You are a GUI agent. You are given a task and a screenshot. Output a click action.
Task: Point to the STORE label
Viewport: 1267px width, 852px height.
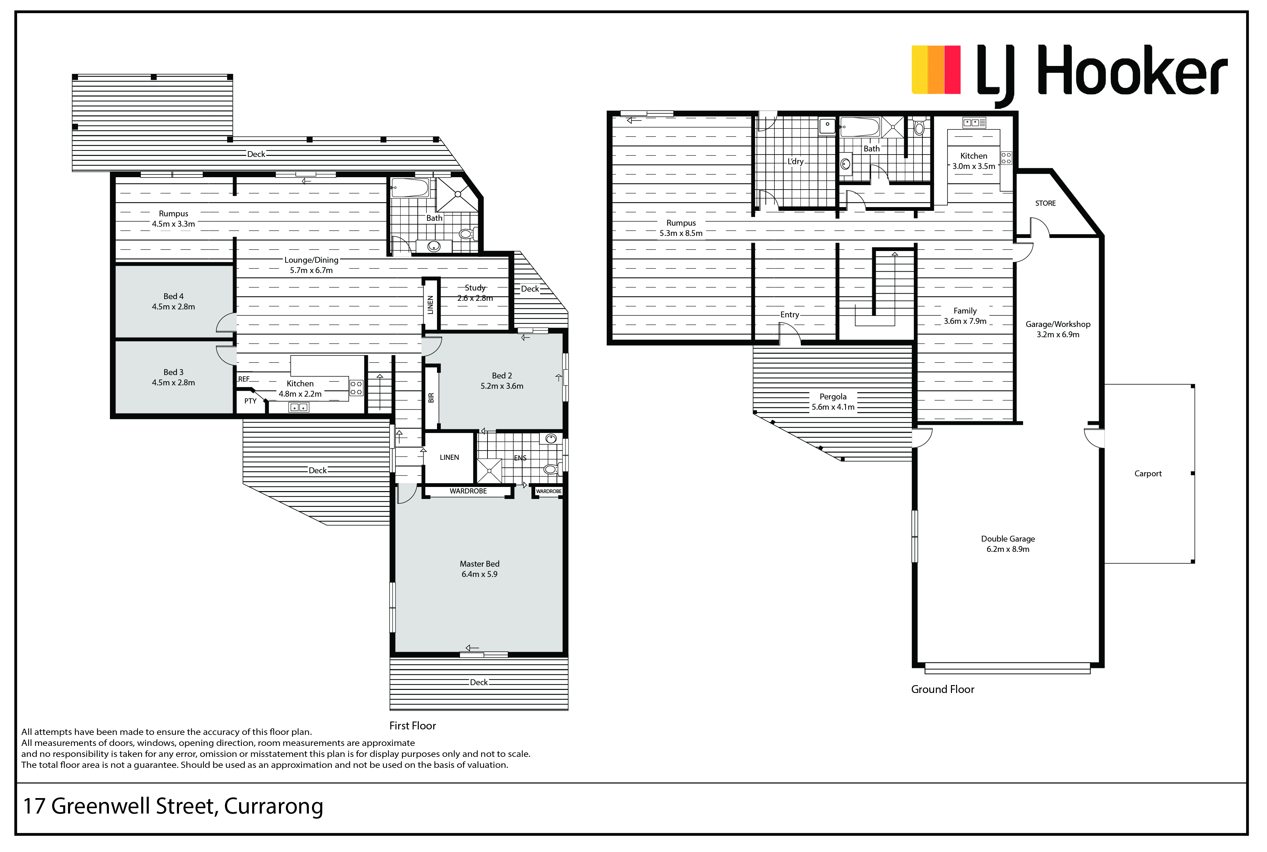coord(1045,203)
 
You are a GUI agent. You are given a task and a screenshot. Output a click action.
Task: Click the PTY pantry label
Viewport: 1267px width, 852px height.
coord(250,401)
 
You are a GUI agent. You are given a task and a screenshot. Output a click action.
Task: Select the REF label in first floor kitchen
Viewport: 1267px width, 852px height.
coord(244,379)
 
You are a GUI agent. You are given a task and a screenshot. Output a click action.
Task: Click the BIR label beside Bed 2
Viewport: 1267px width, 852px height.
coord(431,398)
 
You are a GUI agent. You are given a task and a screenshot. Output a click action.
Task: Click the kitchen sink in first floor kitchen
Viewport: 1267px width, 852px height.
coord(299,407)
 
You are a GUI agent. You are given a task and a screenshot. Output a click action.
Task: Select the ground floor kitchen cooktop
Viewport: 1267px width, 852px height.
coord(1006,158)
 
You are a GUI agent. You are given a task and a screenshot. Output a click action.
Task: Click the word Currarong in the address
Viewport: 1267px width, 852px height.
coord(273,806)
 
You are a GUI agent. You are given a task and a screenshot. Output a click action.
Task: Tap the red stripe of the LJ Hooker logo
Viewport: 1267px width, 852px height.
coord(952,70)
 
